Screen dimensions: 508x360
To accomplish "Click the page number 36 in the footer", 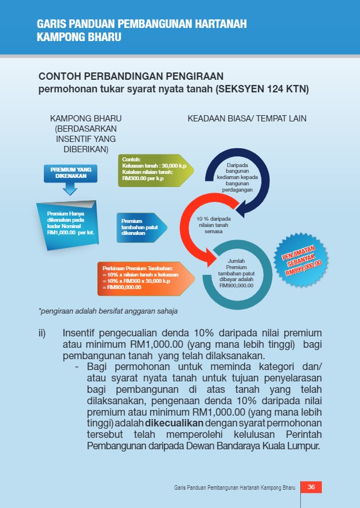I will tap(311, 487).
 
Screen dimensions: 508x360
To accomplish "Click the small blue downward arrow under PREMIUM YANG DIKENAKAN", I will tap(70, 189).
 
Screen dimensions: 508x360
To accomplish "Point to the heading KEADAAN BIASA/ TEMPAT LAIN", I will tap(247, 119).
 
